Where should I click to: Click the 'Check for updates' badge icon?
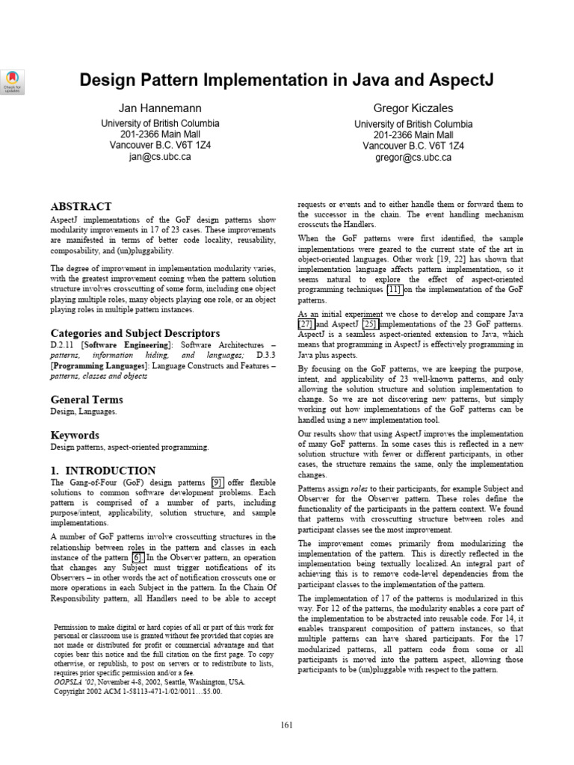click(x=13, y=81)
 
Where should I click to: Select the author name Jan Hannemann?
click(x=160, y=108)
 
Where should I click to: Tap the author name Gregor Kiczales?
click(x=413, y=108)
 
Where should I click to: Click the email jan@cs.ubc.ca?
click(x=160, y=157)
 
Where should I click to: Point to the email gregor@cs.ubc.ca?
click(x=413, y=157)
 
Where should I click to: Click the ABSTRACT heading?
click(x=81, y=206)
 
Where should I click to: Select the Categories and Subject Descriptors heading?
click(x=135, y=332)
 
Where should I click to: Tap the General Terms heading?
click(x=86, y=400)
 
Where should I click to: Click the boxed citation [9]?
click(x=217, y=483)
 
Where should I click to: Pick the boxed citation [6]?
click(x=137, y=557)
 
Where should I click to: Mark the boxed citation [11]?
click(x=394, y=289)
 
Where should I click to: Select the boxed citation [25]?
click(x=369, y=325)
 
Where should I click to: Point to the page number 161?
click(x=287, y=725)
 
